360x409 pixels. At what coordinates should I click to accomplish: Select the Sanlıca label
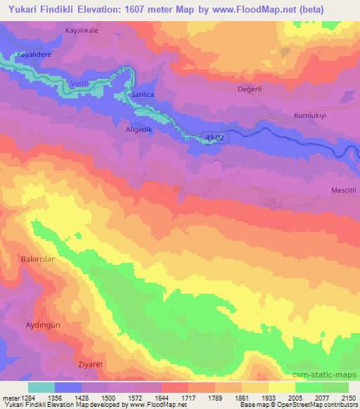tap(138, 92)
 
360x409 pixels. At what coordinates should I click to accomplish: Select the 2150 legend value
tap(347, 397)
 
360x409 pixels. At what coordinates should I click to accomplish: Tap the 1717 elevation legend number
tap(188, 397)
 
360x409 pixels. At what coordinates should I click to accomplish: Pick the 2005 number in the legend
tap(295, 397)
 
